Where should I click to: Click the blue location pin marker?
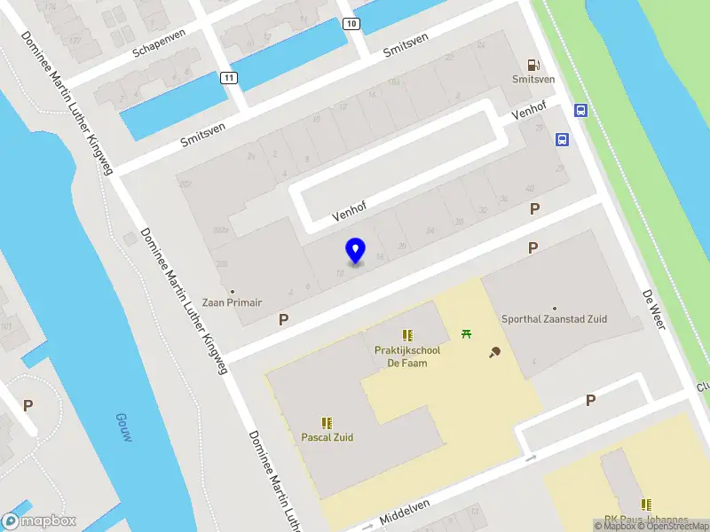click(355, 250)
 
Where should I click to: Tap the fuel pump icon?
click(533, 64)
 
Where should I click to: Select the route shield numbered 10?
click(352, 23)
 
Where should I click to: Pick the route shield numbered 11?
click(230, 78)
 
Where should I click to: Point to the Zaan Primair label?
click(232, 302)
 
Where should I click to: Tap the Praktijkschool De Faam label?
click(407, 356)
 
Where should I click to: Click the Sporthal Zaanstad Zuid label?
click(554, 319)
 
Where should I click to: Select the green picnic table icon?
click(466, 333)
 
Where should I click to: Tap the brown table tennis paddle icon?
click(494, 353)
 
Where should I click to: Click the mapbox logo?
click(39, 521)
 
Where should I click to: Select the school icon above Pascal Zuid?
click(326, 423)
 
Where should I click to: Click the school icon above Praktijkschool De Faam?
click(407, 335)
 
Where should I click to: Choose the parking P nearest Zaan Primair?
click(283, 319)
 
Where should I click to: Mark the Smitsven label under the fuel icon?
click(533, 79)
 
